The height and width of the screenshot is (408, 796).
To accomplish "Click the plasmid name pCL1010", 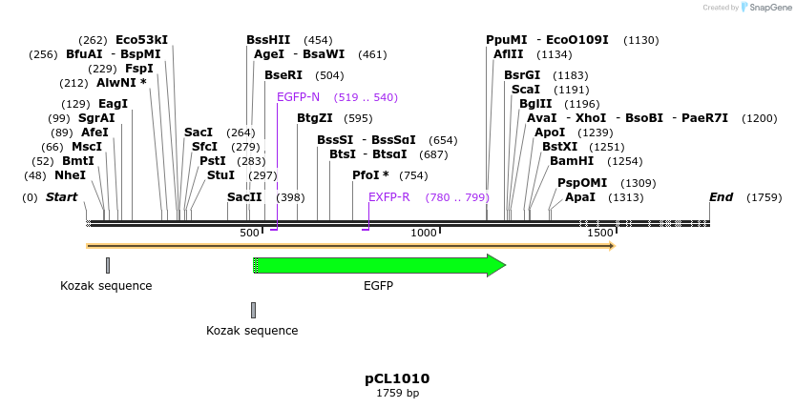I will tap(397, 377).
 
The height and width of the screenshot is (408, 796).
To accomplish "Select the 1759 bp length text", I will tap(397, 393).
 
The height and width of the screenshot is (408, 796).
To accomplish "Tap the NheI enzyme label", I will tap(70, 175).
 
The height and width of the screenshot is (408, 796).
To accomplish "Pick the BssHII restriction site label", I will tap(268, 40).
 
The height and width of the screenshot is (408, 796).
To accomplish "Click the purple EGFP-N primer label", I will tap(298, 97).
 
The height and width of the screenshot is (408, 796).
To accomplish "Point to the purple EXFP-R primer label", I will tap(389, 197).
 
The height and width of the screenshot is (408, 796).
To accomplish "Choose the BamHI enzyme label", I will tap(572, 161).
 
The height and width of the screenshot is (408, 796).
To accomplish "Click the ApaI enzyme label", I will tap(580, 197).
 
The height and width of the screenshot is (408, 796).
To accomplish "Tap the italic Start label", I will tap(61, 197).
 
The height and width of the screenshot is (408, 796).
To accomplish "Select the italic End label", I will tap(721, 197).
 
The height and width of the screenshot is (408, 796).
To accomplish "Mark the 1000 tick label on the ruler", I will tap(424, 234).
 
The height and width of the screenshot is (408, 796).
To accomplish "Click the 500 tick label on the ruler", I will tap(249, 234).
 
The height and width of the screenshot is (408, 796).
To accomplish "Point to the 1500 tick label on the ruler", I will tap(599, 234).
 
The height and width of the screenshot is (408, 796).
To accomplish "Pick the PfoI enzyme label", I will tap(370, 175).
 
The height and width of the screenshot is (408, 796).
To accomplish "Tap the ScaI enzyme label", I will tap(526, 90).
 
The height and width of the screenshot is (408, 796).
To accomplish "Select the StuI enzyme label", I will tap(220, 175).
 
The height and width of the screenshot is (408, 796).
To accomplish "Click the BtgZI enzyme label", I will tap(315, 118).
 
